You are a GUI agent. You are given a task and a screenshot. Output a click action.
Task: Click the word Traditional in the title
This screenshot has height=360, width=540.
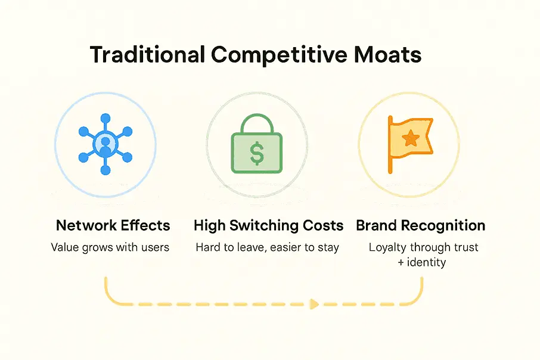click(x=147, y=55)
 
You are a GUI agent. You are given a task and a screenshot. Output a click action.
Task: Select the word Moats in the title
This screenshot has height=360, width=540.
click(x=387, y=55)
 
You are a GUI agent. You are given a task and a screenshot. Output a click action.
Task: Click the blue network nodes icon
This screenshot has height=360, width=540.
click(x=105, y=143)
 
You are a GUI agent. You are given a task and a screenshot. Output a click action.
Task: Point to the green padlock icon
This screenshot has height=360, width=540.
click(x=257, y=148)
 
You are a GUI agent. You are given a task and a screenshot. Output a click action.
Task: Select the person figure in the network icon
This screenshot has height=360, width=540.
click(x=105, y=143)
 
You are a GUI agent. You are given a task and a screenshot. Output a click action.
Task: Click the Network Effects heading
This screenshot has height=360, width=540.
click(x=113, y=226)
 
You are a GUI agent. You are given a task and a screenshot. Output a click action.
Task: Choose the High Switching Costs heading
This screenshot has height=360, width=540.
click(x=269, y=226)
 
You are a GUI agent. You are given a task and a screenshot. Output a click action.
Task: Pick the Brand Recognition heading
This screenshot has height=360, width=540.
click(x=421, y=226)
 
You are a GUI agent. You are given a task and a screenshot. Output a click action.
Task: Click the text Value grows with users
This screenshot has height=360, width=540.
click(x=110, y=247)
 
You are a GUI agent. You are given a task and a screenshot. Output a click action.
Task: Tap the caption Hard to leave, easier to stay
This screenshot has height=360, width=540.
click(x=267, y=247)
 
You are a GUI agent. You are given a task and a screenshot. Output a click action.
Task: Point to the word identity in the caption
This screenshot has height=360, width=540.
click(x=426, y=262)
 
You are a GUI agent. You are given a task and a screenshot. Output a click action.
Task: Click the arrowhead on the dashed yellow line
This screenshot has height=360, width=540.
click(x=313, y=303)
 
